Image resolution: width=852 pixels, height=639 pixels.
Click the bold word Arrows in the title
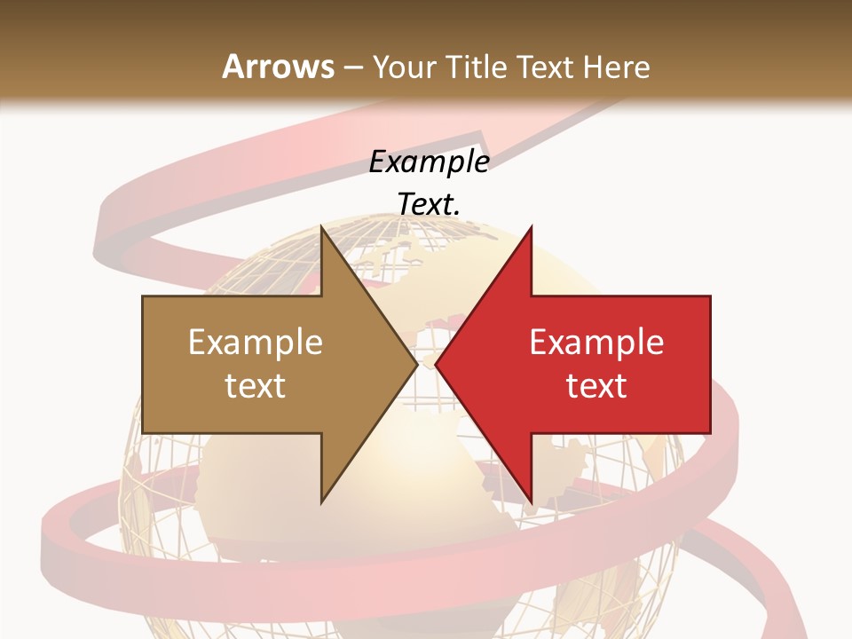279,67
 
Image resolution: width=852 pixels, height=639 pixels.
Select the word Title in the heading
475,67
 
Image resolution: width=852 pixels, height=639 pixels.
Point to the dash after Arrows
352,67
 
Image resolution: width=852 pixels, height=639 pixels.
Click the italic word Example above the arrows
430,162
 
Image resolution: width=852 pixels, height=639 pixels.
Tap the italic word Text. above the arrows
430,204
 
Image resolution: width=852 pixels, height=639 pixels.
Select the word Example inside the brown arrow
256,343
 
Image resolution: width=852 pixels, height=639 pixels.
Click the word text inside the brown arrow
256,385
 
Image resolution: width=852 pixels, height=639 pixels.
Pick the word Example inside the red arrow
596,343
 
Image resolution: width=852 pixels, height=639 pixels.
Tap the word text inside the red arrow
596,385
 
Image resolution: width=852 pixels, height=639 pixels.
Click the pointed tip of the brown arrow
417,364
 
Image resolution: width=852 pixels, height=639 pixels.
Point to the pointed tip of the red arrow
435,364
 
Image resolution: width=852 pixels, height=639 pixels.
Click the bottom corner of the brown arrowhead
321,503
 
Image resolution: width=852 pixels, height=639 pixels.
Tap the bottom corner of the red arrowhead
531,503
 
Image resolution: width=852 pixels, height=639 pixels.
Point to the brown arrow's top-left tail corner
143,296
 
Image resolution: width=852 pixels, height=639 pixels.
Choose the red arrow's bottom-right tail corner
710,432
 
